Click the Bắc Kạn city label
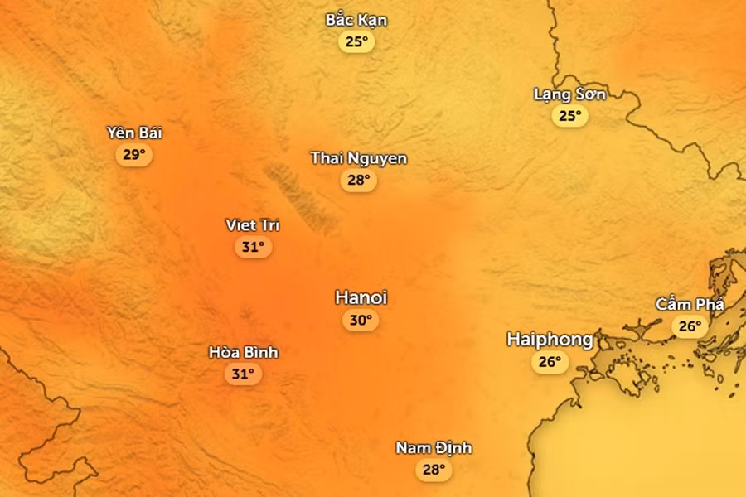point(356,20)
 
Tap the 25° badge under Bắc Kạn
point(356,41)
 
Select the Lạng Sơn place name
point(569,94)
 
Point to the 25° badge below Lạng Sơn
point(570,115)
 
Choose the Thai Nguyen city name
point(359,157)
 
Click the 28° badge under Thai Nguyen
point(358,180)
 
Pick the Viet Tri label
point(252,224)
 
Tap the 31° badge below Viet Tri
point(253,246)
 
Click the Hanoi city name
point(361,297)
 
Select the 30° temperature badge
point(361,320)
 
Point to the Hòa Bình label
point(243,352)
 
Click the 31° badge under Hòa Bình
point(243,374)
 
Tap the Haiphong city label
point(550,339)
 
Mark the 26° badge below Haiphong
point(550,361)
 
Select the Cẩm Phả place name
point(690,304)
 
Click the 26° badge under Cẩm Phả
point(690,326)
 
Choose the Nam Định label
point(434,448)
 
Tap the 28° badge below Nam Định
point(434,470)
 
